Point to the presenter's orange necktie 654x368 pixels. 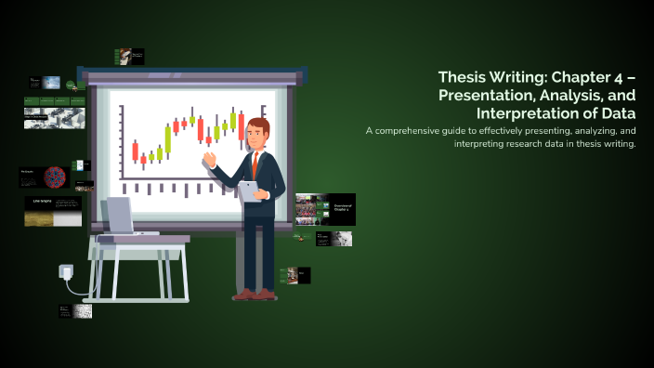(x=255, y=164)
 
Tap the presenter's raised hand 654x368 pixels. (x=210, y=159)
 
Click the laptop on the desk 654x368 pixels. (x=121, y=217)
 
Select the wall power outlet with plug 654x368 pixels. (x=66, y=272)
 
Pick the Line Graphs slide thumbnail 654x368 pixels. (x=52, y=211)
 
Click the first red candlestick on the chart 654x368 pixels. (x=135, y=151)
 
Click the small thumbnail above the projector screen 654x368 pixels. (x=128, y=57)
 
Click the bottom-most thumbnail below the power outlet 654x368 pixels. (x=73, y=311)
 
